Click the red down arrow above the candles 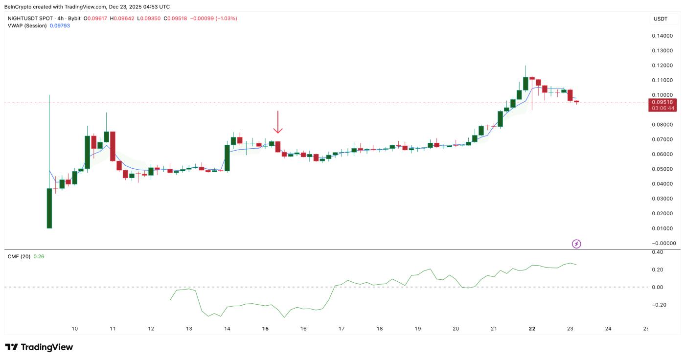tap(278, 122)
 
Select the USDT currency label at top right tap(660, 19)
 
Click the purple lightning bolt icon tap(576, 244)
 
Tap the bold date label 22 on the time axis tap(532, 329)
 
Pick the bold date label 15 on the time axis tap(265, 329)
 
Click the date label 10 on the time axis tap(75, 329)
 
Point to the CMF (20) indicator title tap(19, 256)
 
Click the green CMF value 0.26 tap(39, 256)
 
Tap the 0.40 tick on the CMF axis tap(657, 252)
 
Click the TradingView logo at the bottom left tap(39, 347)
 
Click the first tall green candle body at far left tap(49, 208)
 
